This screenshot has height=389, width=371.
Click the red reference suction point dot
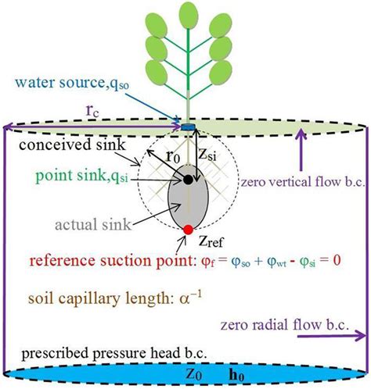tap(189, 229)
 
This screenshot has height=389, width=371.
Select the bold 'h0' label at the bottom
tap(232, 374)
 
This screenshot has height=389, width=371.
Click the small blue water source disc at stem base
tap(188, 126)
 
